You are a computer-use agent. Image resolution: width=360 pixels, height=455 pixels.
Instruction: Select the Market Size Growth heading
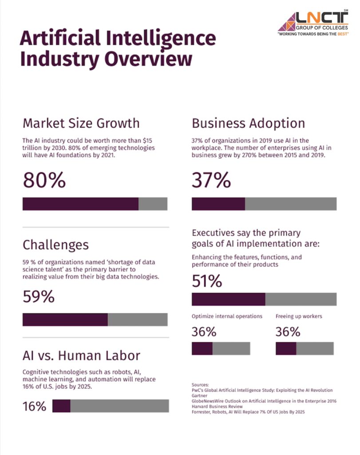tap(81, 123)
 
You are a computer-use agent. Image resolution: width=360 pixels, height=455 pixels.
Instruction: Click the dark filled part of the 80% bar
tap(80, 204)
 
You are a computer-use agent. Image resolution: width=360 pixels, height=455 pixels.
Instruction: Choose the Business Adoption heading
tap(248, 123)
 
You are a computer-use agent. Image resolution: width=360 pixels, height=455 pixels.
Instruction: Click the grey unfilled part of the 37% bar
tap(291, 204)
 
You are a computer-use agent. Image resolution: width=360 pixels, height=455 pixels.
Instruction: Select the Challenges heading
tap(55, 244)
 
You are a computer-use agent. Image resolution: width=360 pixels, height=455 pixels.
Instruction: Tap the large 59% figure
tap(39, 296)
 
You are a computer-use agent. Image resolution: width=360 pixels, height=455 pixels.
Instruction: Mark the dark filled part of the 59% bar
tap(65, 319)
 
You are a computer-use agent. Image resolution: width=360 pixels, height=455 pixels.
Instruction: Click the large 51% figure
tap(206, 281)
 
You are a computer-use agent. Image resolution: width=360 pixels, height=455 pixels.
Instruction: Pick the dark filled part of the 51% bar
tap(228, 299)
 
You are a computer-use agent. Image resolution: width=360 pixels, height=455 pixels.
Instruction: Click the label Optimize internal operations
tap(227, 316)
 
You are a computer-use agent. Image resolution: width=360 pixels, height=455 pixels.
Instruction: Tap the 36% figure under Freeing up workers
tap(288, 332)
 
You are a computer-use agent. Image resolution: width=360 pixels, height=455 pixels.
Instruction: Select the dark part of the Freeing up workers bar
tap(285, 348)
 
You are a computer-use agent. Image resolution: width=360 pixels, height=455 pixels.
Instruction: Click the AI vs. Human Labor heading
tap(81, 355)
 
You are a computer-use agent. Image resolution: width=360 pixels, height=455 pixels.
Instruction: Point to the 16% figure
tap(34, 406)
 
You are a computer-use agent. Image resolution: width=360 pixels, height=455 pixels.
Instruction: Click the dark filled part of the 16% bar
tap(61, 406)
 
